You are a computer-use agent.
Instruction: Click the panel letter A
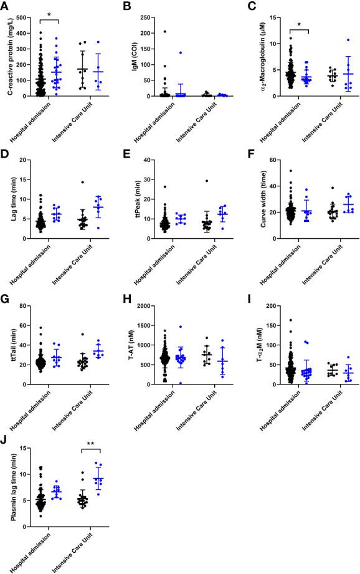[5, 6]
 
